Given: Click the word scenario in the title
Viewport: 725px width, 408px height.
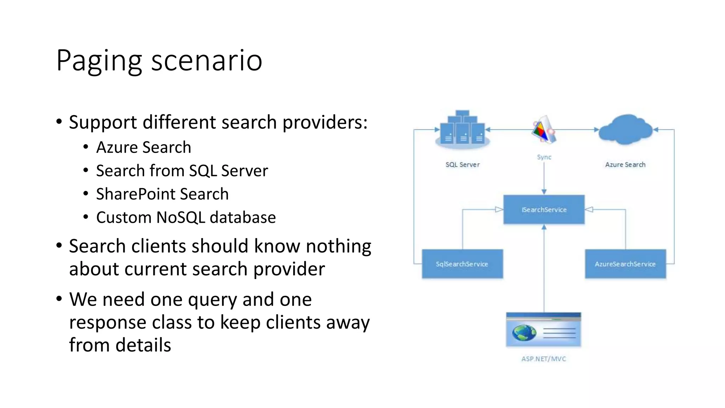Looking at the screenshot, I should pyautogui.click(x=207, y=61).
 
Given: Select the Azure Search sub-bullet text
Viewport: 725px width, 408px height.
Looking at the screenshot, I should pyautogui.click(x=143, y=147).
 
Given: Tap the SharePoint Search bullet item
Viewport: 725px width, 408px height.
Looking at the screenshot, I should pyautogui.click(x=162, y=194).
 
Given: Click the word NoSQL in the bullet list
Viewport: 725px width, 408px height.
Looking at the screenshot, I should pyautogui.click(x=181, y=217).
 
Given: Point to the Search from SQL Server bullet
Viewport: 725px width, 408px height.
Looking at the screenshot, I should pyautogui.click(x=182, y=171).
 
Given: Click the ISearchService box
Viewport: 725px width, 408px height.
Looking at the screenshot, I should pyautogui.click(x=544, y=210).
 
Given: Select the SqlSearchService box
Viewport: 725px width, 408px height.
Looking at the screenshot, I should pyautogui.click(x=462, y=264).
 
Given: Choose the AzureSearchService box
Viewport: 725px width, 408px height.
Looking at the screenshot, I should pyautogui.click(x=625, y=264).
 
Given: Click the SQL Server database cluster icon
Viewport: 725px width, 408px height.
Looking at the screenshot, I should pyautogui.click(x=462, y=129).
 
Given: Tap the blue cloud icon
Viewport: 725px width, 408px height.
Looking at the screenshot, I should pyautogui.click(x=625, y=129).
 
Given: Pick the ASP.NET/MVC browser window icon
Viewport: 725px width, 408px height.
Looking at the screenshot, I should pyautogui.click(x=544, y=329).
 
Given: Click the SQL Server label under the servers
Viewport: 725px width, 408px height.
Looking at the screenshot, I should pyautogui.click(x=462, y=165).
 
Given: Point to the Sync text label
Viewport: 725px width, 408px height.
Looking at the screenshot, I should pyautogui.click(x=544, y=157).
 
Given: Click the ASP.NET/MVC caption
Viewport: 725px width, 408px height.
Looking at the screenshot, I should pyautogui.click(x=544, y=359).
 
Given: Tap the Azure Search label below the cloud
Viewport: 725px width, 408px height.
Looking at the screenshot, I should pyautogui.click(x=625, y=165).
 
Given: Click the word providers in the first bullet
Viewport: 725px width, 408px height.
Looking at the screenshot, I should pyautogui.click(x=325, y=123).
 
